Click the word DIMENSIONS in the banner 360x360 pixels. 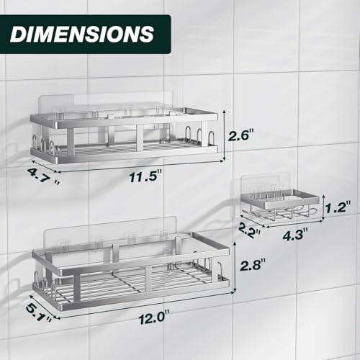(82, 34)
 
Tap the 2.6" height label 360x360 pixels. (240, 135)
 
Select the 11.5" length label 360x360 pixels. (145, 176)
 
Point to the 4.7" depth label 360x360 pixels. (43, 176)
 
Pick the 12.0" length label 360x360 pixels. (154, 318)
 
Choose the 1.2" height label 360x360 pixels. (338, 207)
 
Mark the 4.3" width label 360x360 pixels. (295, 235)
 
